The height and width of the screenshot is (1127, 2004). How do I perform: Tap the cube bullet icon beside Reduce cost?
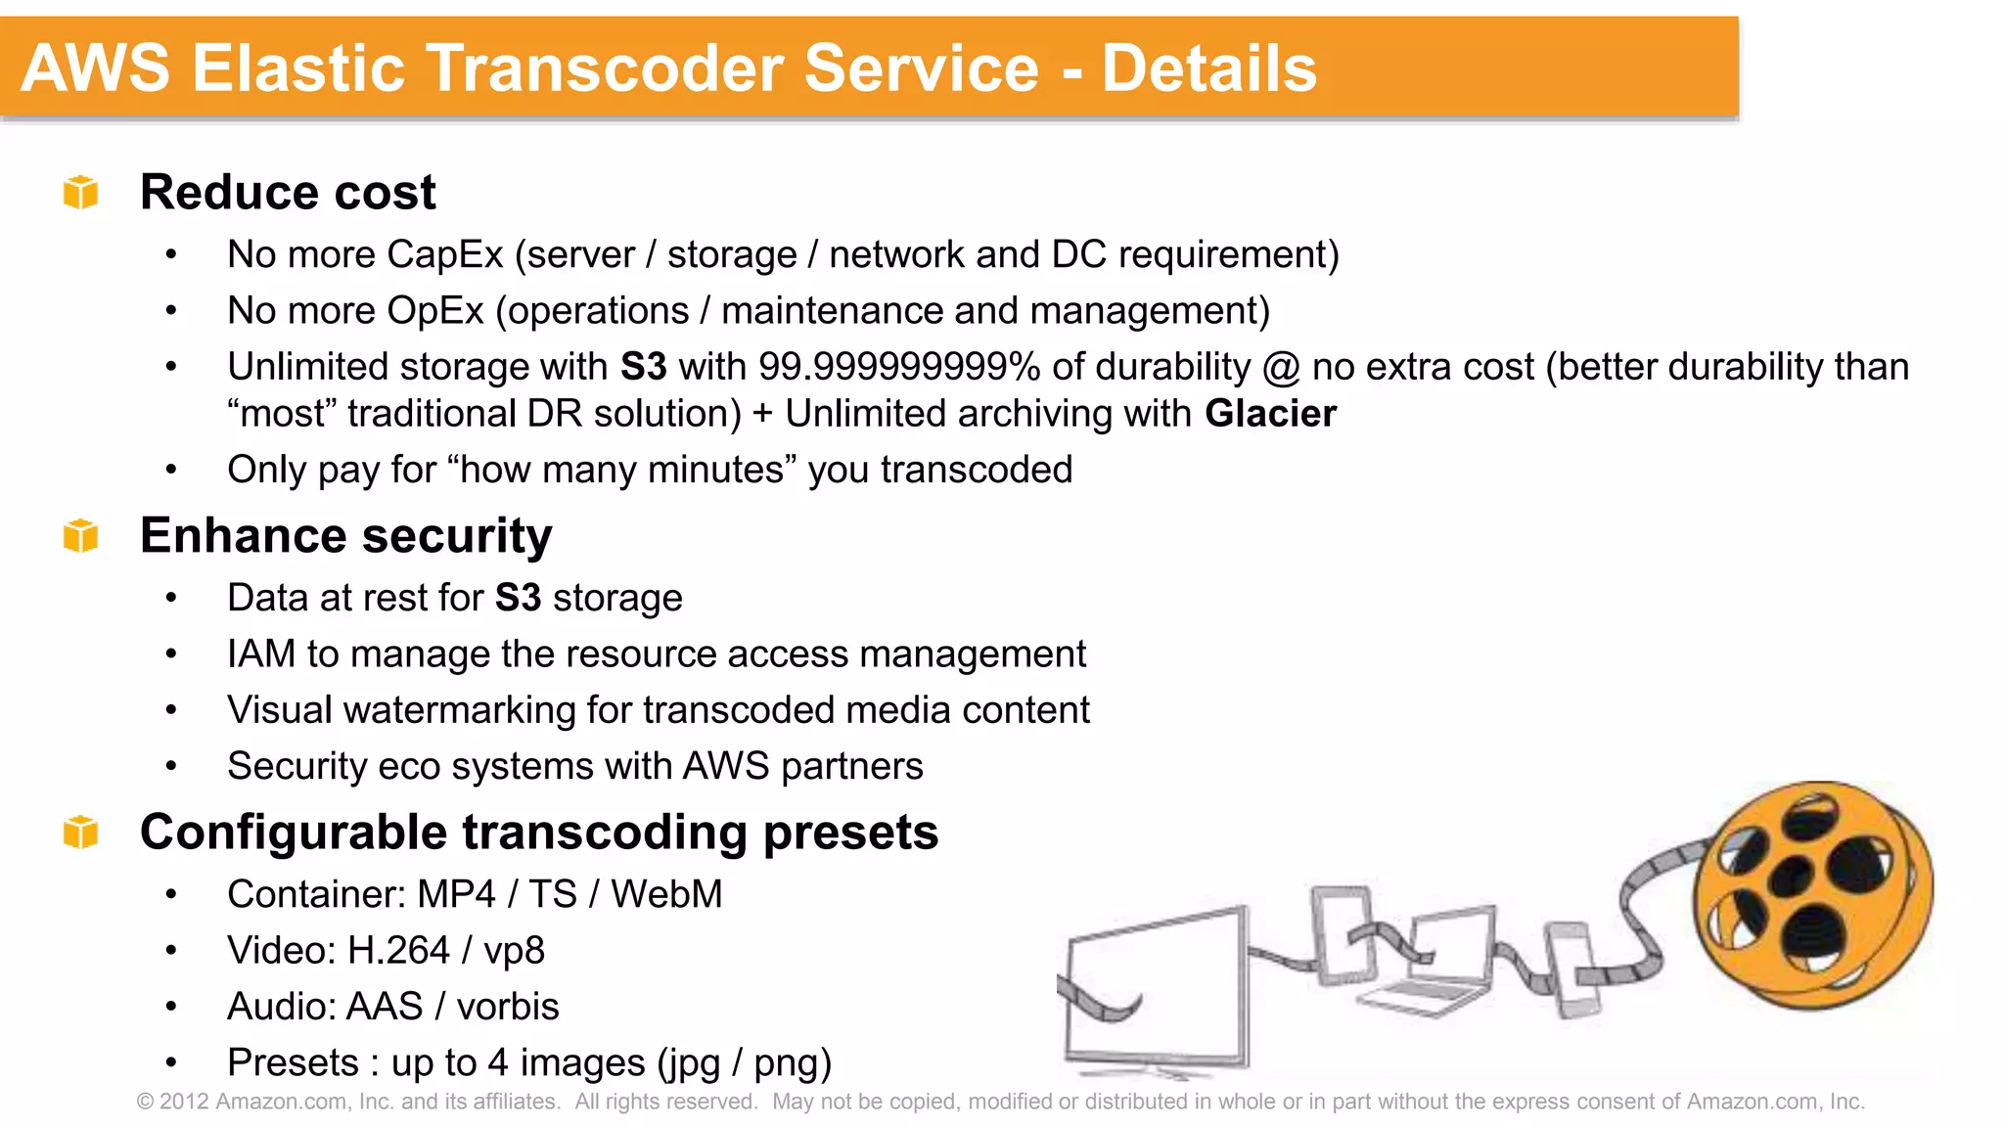(x=81, y=192)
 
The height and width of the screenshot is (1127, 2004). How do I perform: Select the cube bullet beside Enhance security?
(x=81, y=535)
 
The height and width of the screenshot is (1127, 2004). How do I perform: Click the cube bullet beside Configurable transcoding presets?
(x=81, y=832)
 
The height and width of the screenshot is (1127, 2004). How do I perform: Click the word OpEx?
(x=435, y=311)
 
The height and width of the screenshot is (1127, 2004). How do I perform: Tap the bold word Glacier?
(x=1270, y=414)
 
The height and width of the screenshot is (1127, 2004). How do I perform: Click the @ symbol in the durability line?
(x=1281, y=368)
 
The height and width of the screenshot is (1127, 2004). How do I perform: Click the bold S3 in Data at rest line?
(x=518, y=598)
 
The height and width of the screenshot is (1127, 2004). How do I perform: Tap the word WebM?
(x=666, y=894)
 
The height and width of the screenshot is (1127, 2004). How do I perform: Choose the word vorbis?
(x=508, y=1007)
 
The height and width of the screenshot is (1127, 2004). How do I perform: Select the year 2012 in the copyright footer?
(x=184, y=1102)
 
